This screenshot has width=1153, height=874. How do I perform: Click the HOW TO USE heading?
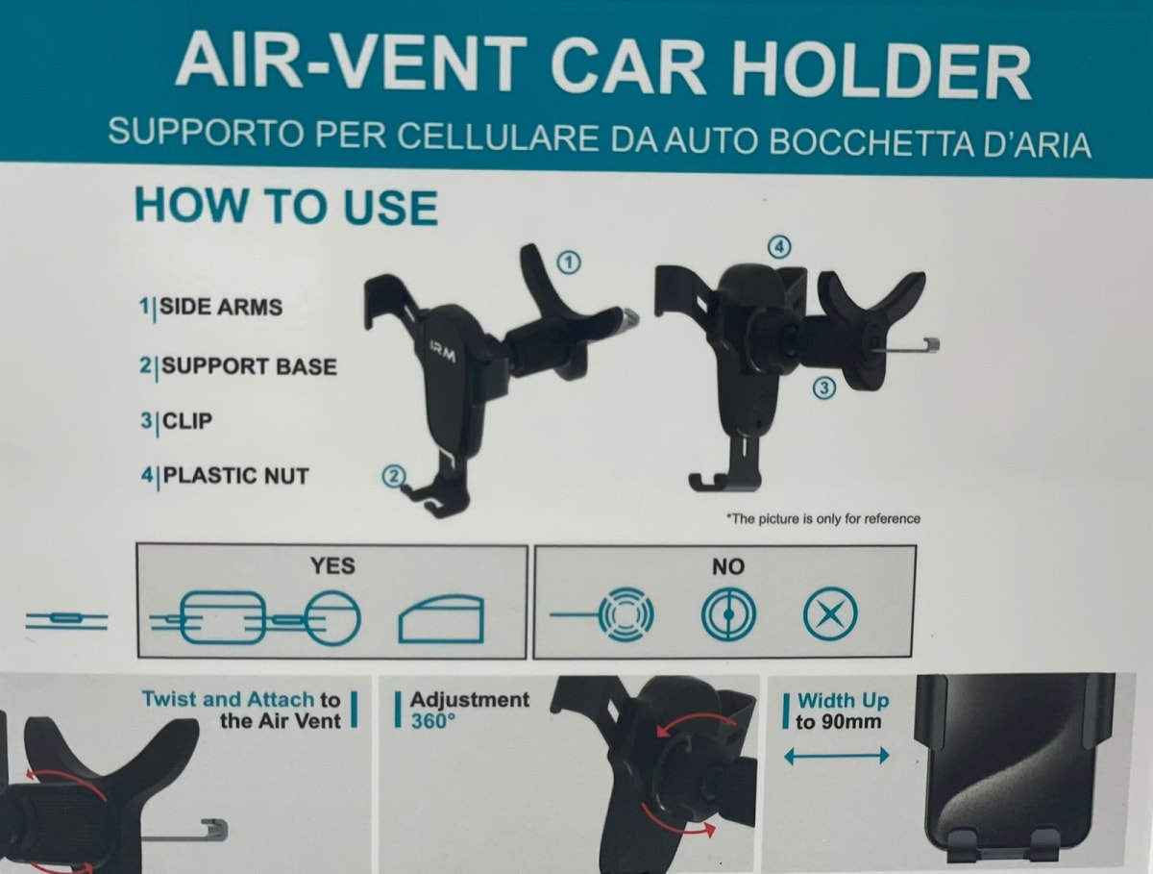tap(286, 207)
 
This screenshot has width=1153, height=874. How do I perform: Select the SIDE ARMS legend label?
tap(221, 307)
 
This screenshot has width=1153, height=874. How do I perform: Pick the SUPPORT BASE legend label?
tap(249, 366)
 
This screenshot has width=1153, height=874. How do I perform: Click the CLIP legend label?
tap(187, 421)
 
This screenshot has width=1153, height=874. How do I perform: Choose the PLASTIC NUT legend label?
tap(235, 476)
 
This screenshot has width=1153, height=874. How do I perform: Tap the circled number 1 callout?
tap(569, 262)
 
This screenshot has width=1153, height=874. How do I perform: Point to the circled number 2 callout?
tap(394, 477)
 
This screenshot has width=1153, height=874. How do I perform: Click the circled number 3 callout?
tap(823, 387)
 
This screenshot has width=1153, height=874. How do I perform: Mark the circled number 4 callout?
tap(779, 247)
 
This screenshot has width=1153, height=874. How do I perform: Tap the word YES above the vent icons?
tap(332, 566)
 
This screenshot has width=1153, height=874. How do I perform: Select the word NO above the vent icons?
tap(728, 566)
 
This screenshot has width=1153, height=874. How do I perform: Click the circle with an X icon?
tap(830, 614)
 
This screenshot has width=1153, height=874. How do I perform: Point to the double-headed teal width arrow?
tap(836, 757)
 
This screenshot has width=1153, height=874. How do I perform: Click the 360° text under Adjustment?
tap(432, 721)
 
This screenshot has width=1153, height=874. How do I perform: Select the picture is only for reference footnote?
tap(823, 519)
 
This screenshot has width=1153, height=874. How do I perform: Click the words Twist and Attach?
tap(228, 700)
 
